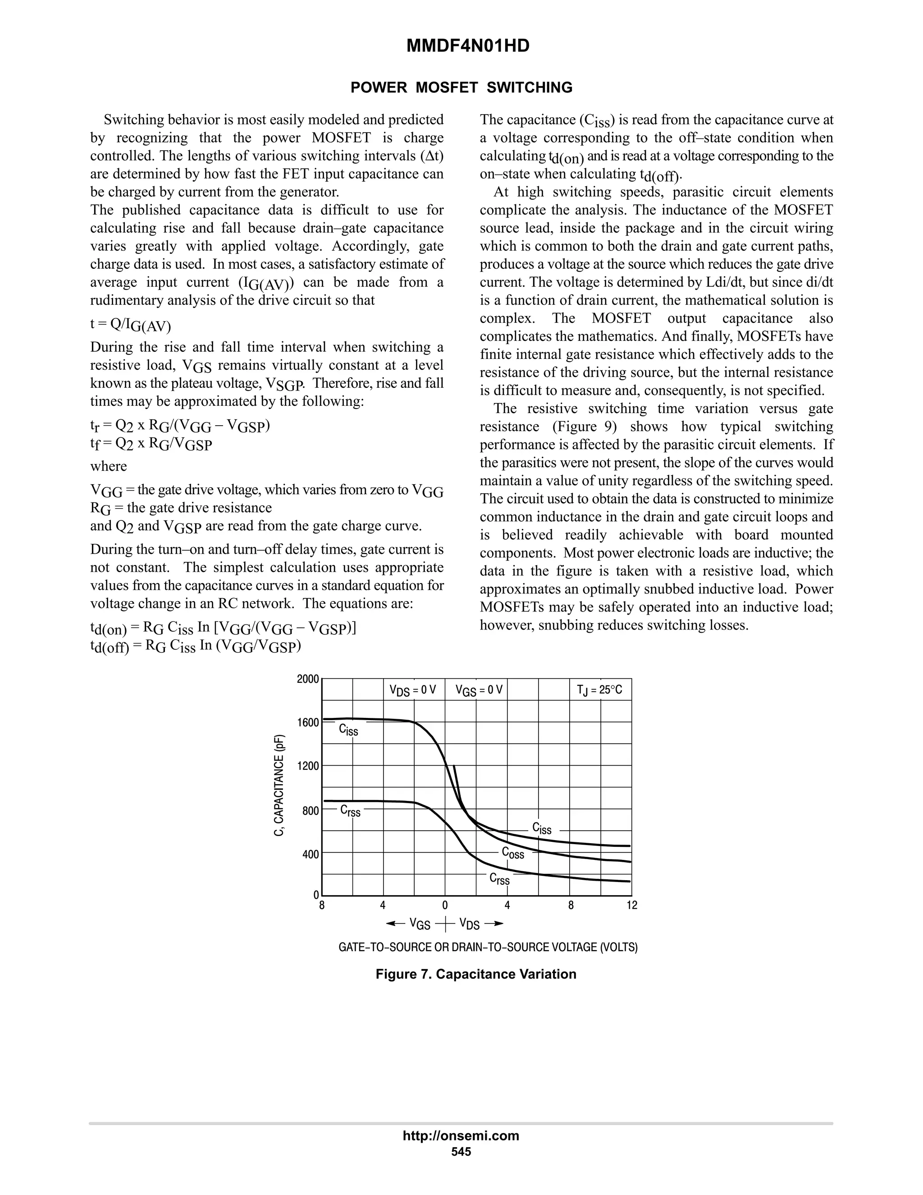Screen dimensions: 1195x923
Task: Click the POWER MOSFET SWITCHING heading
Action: (x=461, y=87)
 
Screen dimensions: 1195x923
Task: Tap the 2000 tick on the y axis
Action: (x=308, y=680)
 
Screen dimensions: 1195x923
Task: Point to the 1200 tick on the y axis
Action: (x=308, y=766)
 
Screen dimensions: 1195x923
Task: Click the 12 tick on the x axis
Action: (x=631, y=905)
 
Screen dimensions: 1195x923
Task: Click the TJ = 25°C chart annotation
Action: (x=599, y=689)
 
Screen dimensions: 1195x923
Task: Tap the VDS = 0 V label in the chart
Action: (x=413, y=690)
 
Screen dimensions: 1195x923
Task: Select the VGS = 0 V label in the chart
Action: (x=479, y=690)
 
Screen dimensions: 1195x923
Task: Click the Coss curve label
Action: (x=513, y=853)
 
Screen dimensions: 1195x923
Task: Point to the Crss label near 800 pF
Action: (x=351, y=811)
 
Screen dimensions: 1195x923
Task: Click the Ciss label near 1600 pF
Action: (x=348, y=730)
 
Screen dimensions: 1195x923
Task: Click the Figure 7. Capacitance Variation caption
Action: (x=476, y=974)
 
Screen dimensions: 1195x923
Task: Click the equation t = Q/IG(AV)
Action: (x=131, y=325)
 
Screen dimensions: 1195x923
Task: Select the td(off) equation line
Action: (x=196, y=646)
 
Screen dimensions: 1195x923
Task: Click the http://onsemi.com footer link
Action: (x=461, y=1135)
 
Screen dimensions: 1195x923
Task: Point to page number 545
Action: (x=461, y=1152)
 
